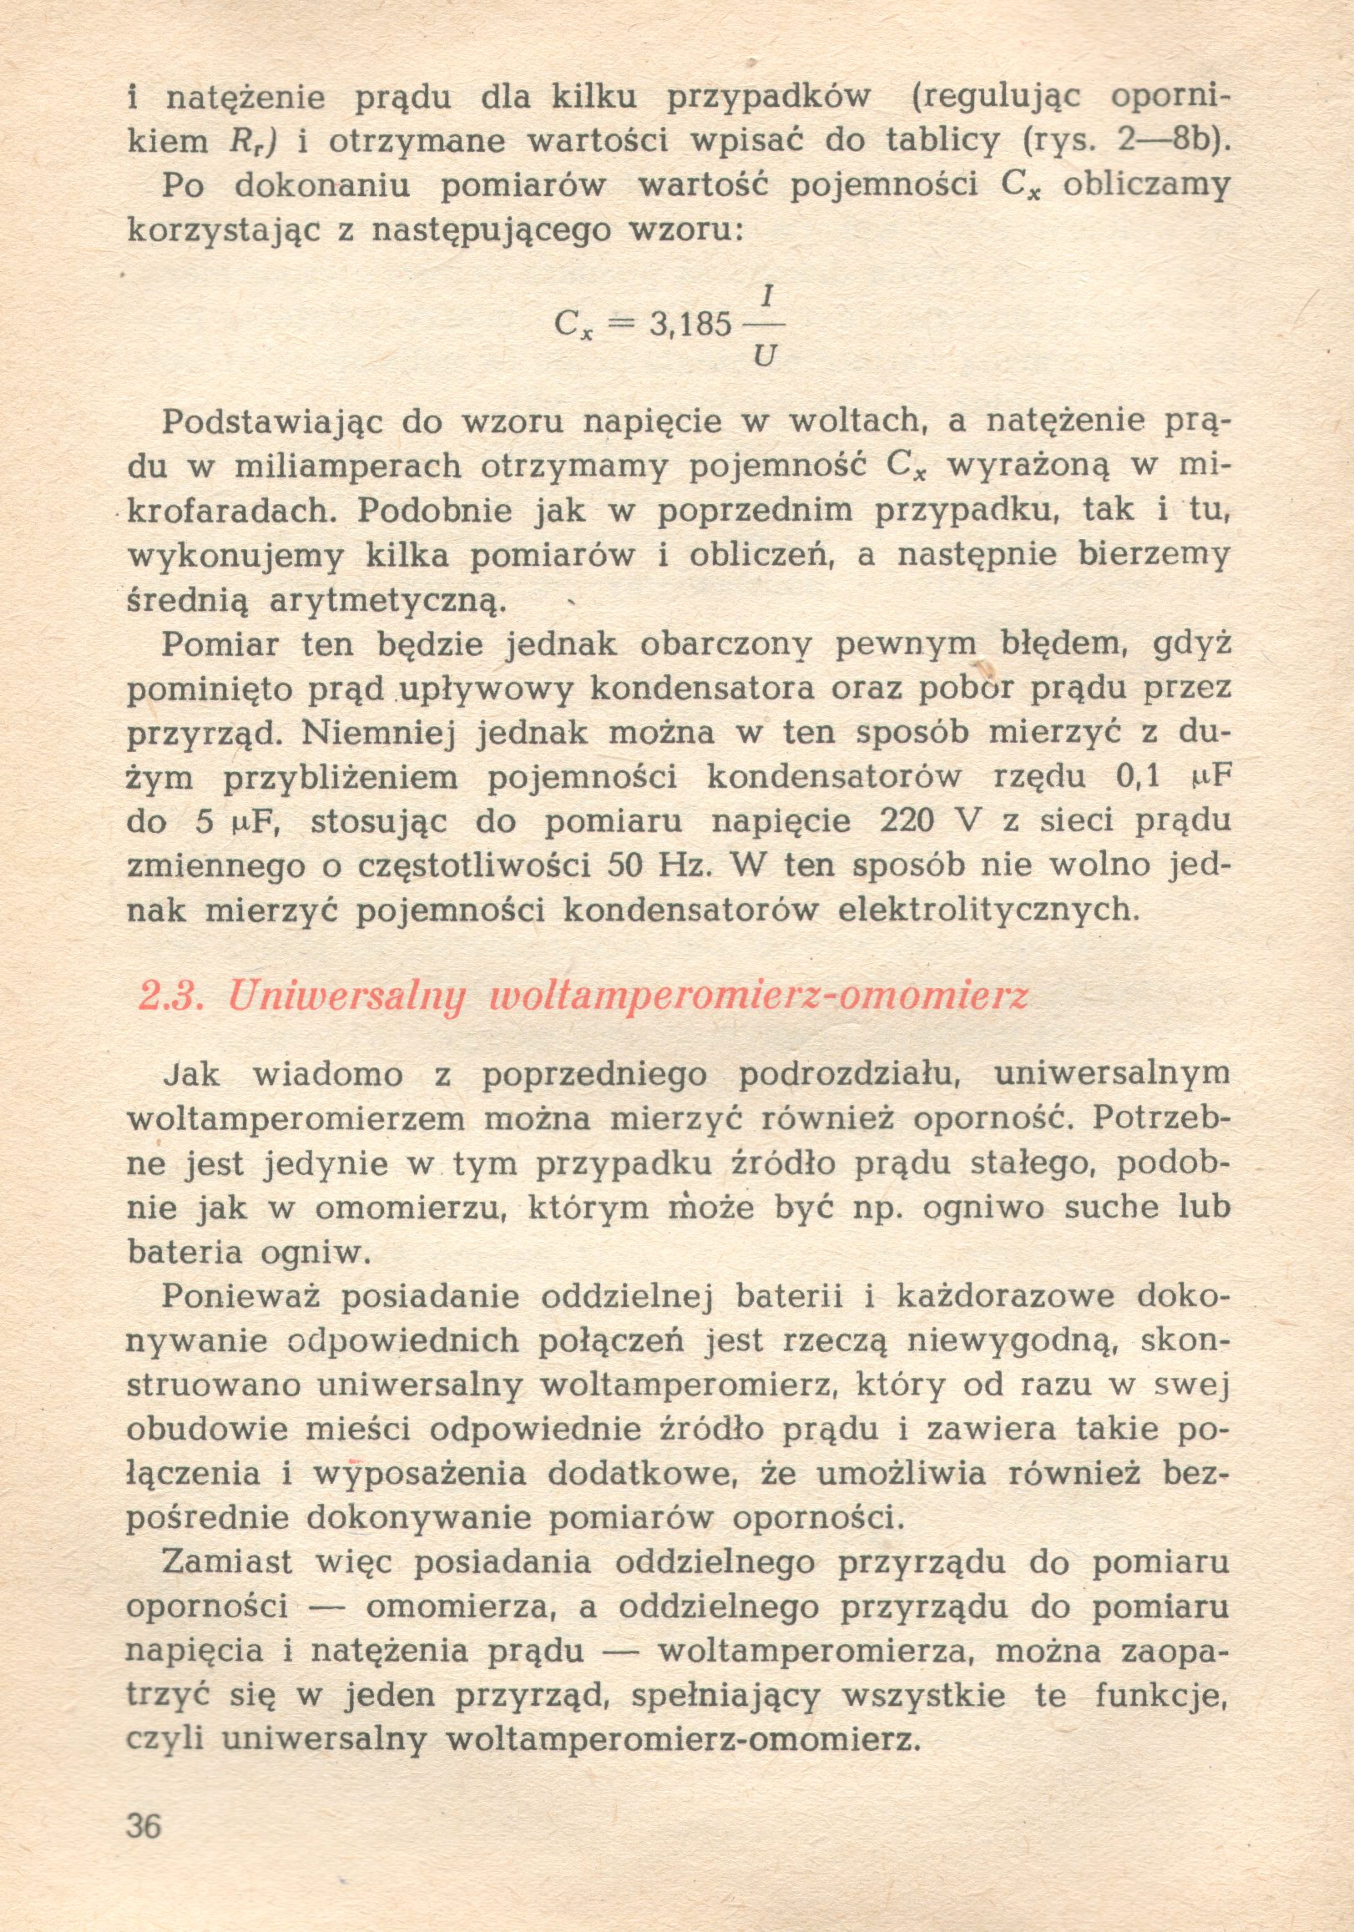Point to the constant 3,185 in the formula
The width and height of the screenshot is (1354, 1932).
[690, 324]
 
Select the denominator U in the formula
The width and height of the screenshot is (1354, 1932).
[765, 357]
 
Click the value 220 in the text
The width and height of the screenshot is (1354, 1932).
[907, 820]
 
